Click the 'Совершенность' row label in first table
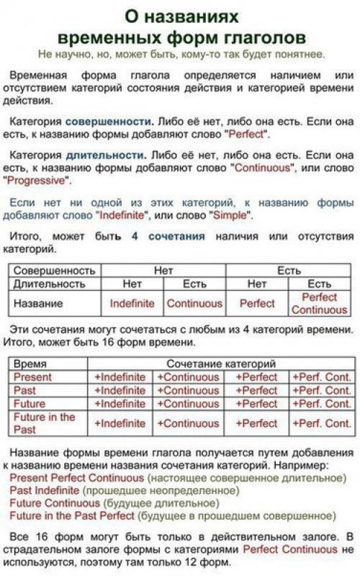pos(55,271)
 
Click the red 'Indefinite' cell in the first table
pos(132,303)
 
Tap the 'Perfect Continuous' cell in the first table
pos(319,303)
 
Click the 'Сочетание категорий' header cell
pos(221,364)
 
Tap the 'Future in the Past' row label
pos(45,423)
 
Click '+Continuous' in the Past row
pos(188,391)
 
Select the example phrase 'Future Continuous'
pos(55,503)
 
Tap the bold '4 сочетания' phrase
pos(168,236)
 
